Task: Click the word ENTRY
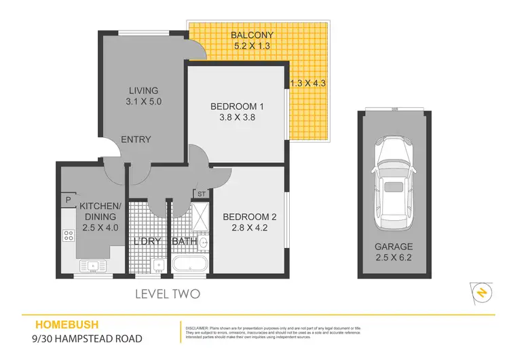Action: coord(136,140)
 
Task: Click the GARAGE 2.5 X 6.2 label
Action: coord(393,253)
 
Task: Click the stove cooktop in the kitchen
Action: coord(69,236)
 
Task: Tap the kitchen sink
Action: coord(92,266)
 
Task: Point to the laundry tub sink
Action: coord(157,265)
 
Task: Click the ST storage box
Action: coord(202,194)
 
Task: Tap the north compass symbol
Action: coord(480,292)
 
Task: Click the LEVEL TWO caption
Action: coord(168,294)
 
